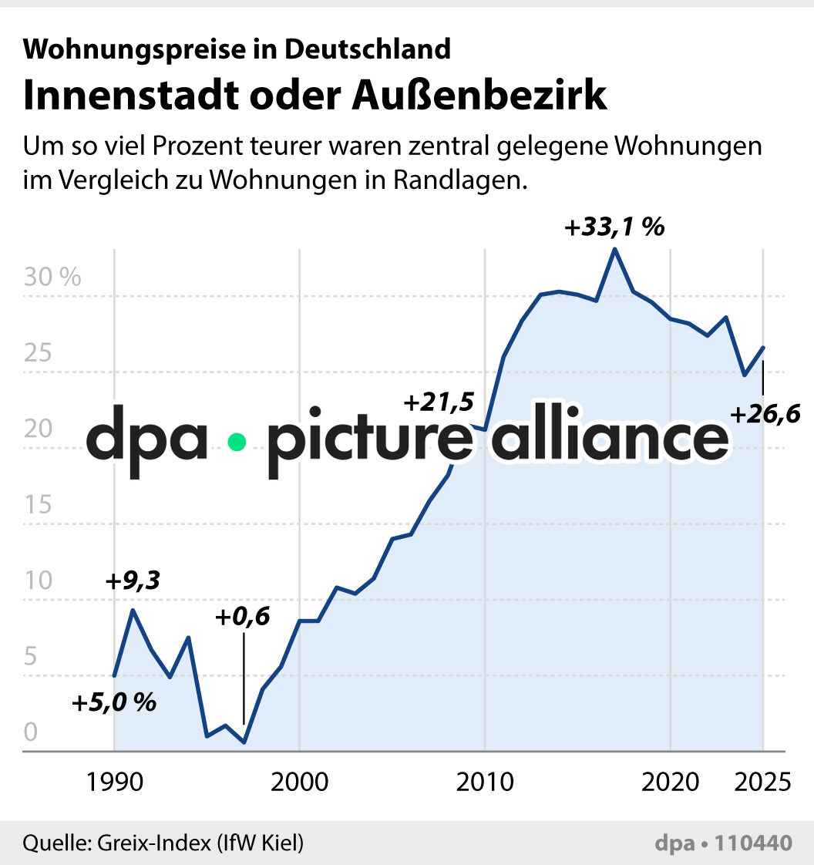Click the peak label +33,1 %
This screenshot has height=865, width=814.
click(x=614, y=229)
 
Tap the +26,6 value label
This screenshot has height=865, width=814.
click(x=765, y=415)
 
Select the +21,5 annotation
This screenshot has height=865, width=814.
click(x=437, y=402)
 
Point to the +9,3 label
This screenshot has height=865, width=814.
click(x=133, y=581)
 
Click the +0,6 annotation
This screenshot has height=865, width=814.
click(x=243, y=618)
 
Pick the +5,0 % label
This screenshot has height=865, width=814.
click(x=114, y=703)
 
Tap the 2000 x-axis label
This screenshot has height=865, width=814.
click(x=299, y=782)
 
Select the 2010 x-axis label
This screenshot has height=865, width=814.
click(x=485, y=782)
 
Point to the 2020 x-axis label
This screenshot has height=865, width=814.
click(x=670, y=782)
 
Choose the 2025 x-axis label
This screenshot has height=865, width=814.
click(x=762, y=782)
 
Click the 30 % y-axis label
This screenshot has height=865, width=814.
click(x=52, y=278)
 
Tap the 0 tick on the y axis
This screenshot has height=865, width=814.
click(x=30, y=733)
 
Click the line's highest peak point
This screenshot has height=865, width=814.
click(x=614, y=249)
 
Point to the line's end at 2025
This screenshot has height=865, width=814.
click(x=763, y=347)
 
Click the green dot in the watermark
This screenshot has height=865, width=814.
click(x=237, y=442)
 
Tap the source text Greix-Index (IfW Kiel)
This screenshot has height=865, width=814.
click(x=200, y=843)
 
